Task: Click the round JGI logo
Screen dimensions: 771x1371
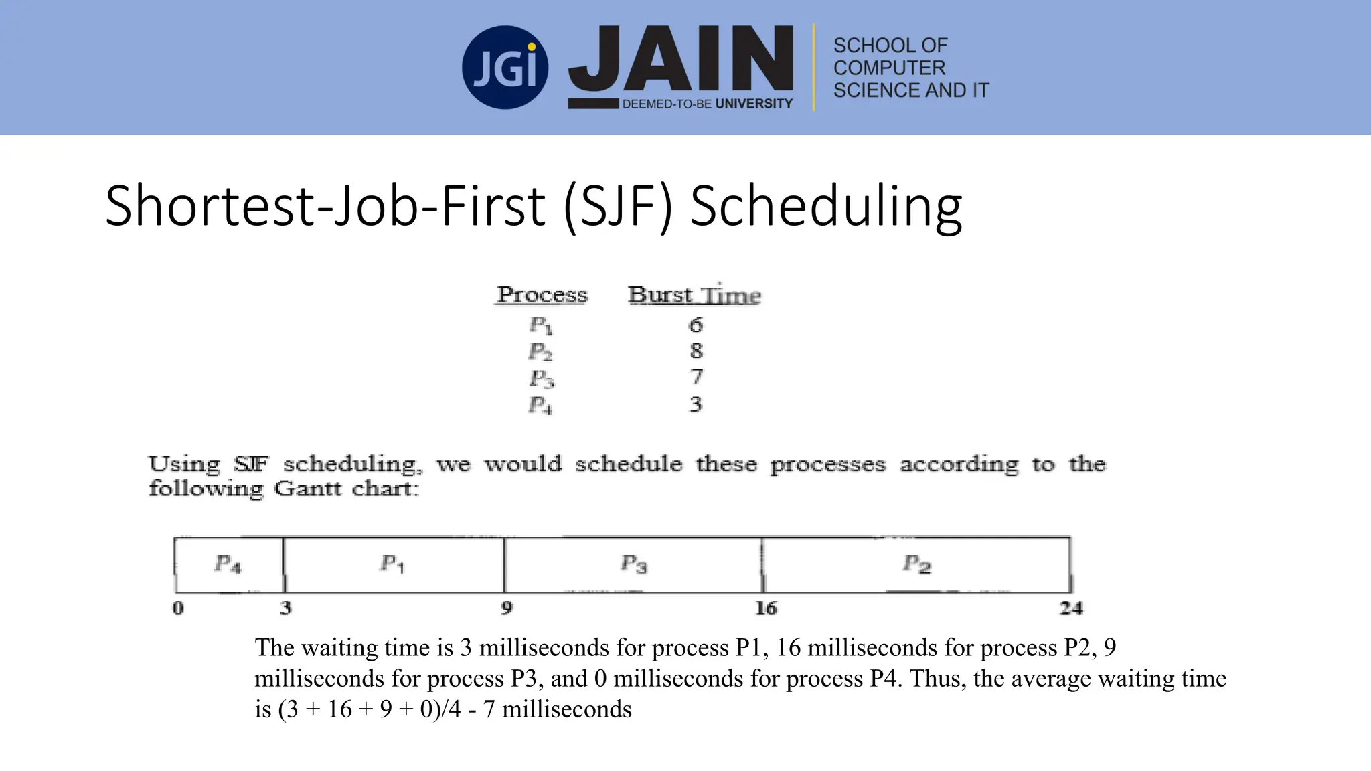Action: tap(505, 68)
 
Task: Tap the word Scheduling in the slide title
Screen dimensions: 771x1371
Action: tap(826, 206)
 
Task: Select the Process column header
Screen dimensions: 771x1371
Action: tap(542, 294)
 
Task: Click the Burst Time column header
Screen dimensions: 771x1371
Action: tap(694, 295)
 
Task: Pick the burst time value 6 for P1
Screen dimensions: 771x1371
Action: tap(696, 325)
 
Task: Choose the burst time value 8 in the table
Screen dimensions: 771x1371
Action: tap(696, 351)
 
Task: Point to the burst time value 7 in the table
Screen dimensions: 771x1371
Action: tap(696, 377)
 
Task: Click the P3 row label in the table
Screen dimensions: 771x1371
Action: tap(541, 378)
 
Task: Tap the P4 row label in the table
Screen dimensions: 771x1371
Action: tap(540, 405)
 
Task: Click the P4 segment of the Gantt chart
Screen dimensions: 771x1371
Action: tap(228, 565)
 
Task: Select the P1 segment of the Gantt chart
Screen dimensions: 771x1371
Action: tap(393, 565)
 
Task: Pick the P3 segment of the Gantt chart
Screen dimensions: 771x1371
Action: tap(633, 565)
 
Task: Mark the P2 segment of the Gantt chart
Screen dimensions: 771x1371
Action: tap(916, 565)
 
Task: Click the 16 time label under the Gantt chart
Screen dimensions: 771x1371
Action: tap(766, 608)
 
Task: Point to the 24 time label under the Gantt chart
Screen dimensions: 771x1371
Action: tap(1071, 608)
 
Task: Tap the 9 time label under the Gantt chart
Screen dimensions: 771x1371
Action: tap(507, 608)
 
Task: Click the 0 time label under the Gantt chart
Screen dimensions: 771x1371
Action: tap(178, 608)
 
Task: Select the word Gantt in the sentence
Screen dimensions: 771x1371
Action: tap(308, 489)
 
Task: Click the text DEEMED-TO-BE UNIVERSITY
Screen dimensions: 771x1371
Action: tap(707, 104)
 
